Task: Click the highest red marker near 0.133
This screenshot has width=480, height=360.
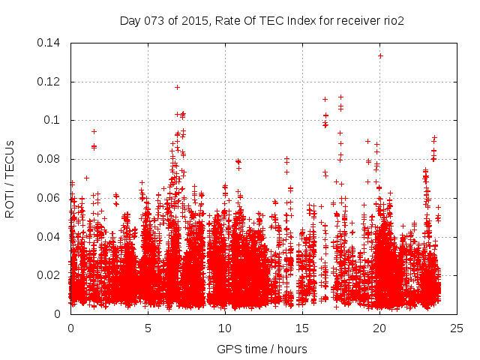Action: pos(380,55)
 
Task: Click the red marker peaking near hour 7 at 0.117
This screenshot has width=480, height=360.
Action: pos(178,87)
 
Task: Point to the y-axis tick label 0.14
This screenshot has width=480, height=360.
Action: pos(49,43)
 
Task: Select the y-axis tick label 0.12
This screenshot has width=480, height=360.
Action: pos(49,82)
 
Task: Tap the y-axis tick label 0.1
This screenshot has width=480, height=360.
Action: pos(52,120)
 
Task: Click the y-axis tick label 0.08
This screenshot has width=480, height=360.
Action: pos(49,159)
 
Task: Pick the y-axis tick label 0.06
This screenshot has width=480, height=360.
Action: pos(49,198)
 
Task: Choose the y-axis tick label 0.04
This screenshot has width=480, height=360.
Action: pos(49,237)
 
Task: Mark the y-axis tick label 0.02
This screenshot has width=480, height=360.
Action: pos(49,275)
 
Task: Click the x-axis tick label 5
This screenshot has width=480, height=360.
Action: pos(148,328)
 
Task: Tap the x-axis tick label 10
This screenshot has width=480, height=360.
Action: pos(225,328)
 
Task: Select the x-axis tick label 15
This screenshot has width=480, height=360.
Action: pos(302,328)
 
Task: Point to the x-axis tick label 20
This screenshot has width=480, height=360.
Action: pos(379,328)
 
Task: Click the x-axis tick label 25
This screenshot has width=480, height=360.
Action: pos(457,328)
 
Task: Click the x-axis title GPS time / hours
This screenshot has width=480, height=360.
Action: pos(262,349)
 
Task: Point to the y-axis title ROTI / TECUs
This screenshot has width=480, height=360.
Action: pos(10,178)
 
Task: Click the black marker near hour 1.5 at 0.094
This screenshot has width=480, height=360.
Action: pos(94,131)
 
